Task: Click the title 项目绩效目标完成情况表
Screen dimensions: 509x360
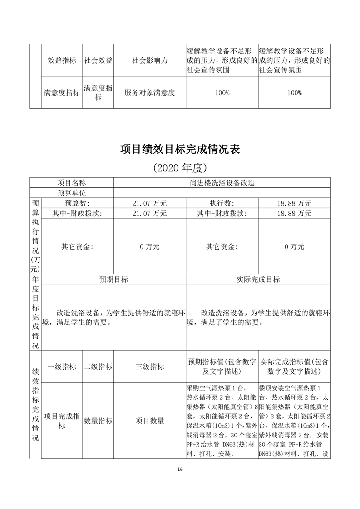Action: pos(180,149)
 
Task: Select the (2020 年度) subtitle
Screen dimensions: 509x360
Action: pos(180,168)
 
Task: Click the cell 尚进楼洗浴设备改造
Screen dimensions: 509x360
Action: pos(222,183)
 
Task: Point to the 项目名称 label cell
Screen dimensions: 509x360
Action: pos(71,183)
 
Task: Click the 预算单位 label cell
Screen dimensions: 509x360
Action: pos(71,193)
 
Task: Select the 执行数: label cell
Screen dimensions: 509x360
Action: pos(222,203)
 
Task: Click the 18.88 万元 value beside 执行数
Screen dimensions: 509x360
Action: pos(294,203)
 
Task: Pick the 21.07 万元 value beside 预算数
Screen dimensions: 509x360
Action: pos(149,203)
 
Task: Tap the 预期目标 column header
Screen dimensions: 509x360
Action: pos(114,279)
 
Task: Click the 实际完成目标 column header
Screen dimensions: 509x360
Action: pos(258,279)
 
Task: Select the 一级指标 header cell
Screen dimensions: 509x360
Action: pos(62,367)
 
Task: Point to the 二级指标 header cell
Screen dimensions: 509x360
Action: pos(98,367)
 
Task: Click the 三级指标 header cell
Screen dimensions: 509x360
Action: pos(149,367)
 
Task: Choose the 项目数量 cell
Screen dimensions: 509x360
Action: pos(149,421)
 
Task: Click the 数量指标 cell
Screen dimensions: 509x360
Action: pos(98,421)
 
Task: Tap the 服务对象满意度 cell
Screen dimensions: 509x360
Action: pos(149,93)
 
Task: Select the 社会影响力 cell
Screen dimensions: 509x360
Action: pos(149,60)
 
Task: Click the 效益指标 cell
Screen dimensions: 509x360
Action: pos(62,60)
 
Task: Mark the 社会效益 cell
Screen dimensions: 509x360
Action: pos(98,60)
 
